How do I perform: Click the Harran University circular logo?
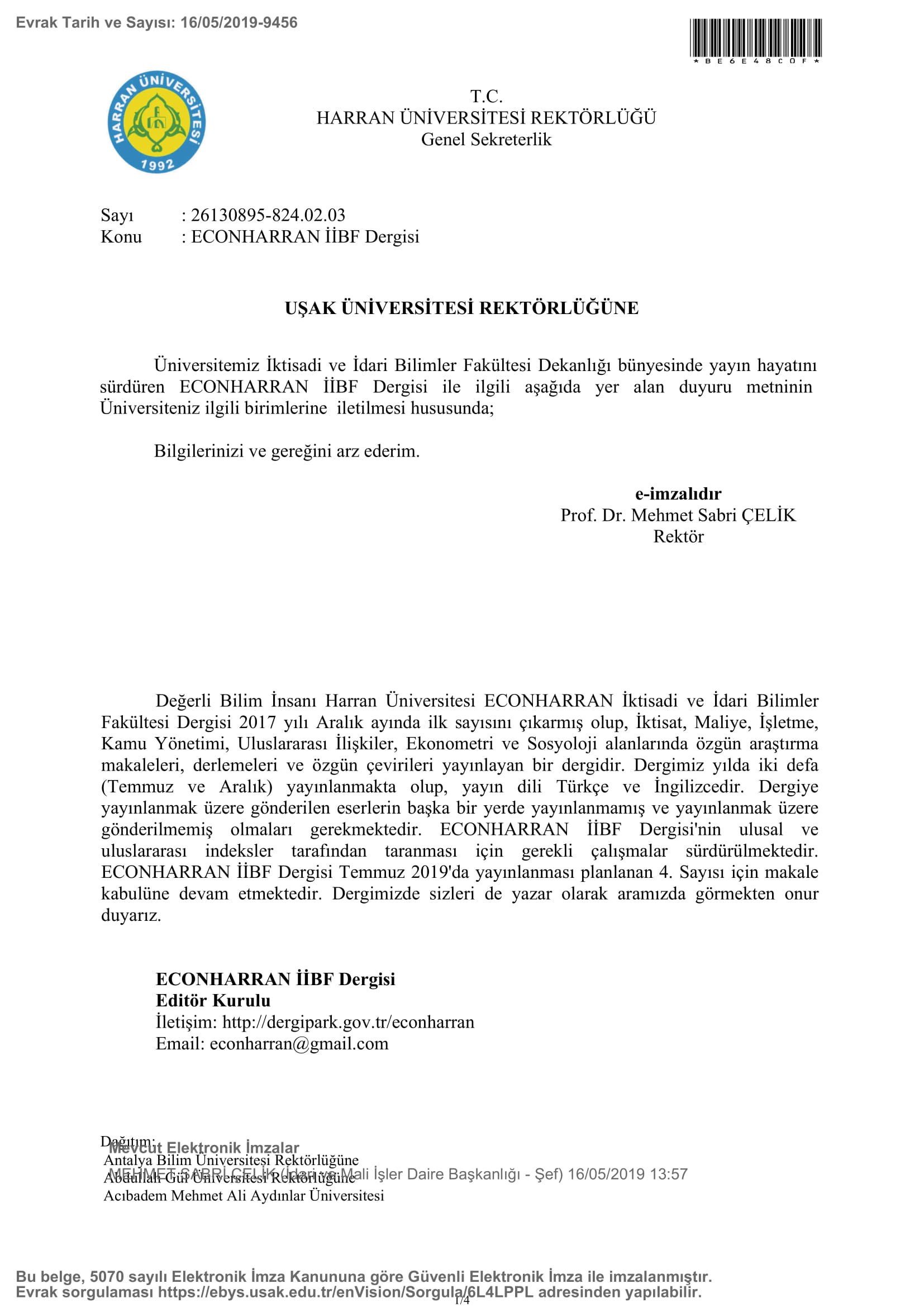point(156,122)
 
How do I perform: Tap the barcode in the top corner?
point(756,37)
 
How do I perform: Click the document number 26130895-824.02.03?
point(268,215)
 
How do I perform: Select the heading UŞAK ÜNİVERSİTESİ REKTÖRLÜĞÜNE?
point(461,308)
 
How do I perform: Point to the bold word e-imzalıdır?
point(678,493)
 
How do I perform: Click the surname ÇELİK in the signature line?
point(768,515)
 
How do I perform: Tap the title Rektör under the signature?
point(678,536)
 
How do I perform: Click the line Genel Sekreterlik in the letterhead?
point(486,140)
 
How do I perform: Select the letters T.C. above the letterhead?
point(486,96)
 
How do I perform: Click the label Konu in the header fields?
point(121,237)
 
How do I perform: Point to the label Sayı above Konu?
point(117,215)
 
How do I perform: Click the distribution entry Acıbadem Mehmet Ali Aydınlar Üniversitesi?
point(244,1195)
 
